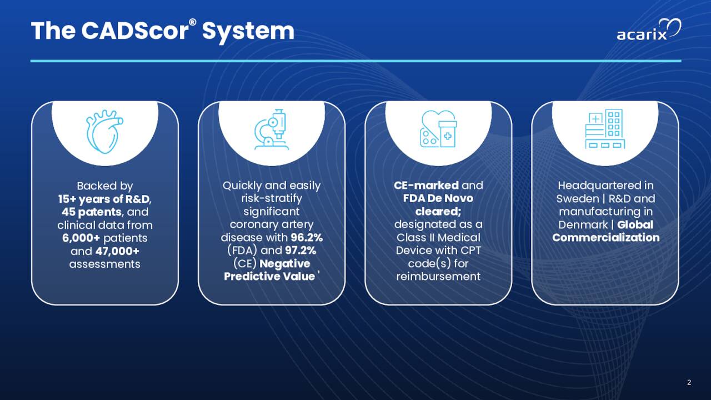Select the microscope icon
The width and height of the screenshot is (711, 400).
coord(272,129)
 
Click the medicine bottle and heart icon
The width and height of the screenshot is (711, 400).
coord(438,129)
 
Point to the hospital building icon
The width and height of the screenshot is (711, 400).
coord(605,129)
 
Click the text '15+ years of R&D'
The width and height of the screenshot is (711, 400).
coord(104,199)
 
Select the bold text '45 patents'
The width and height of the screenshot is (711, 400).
coord(89,212)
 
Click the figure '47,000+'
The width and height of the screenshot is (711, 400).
coord(117,251)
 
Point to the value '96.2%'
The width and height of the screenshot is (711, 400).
coord(307,238)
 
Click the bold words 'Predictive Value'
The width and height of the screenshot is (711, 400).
coord(269,277)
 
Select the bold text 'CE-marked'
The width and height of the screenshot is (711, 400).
coord(426,186)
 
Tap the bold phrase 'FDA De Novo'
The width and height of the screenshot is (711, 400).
coord(438,198)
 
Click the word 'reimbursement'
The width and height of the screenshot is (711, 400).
coord(438,277)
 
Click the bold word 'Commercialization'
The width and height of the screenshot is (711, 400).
coord(605,238)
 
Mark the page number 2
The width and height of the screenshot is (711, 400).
coord(689,382)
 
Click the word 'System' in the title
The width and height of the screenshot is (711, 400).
coord(248,31)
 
